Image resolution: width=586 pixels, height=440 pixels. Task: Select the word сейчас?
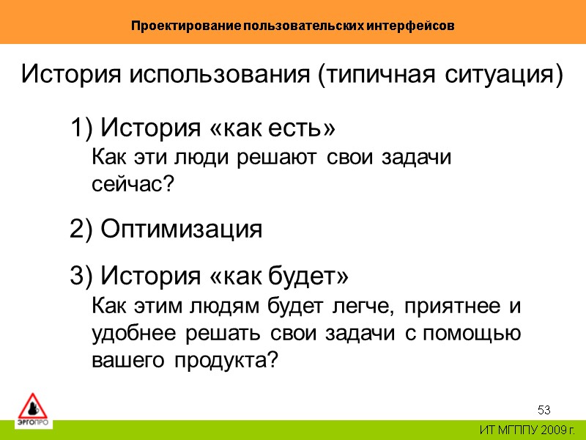[x=134, y=185]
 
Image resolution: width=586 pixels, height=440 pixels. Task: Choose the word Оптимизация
[x=181, y=230]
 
